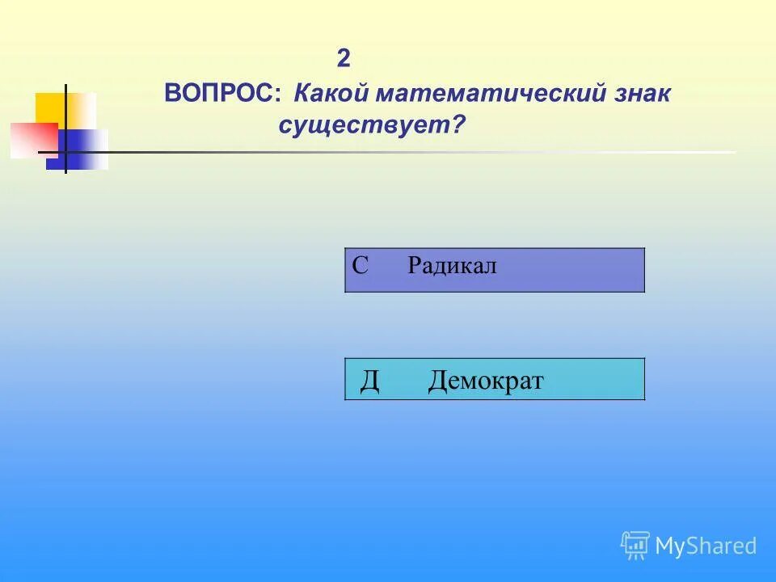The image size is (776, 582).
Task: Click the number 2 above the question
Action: click(344, 59)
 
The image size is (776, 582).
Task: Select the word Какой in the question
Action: click(327, 94)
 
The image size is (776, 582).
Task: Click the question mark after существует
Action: click(460, 126)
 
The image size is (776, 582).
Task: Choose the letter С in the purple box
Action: click(361, 265)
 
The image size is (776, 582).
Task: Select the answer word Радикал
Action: click(452, 265)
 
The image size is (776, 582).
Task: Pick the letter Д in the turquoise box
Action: click(369, 380)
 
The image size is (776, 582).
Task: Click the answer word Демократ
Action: click(486, 380)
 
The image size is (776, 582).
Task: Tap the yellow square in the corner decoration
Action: click(50, 108)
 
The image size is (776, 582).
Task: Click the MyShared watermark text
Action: click(706, 546)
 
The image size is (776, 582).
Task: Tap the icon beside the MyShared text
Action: click(635, 546)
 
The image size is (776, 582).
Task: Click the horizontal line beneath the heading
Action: click(404, 152)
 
